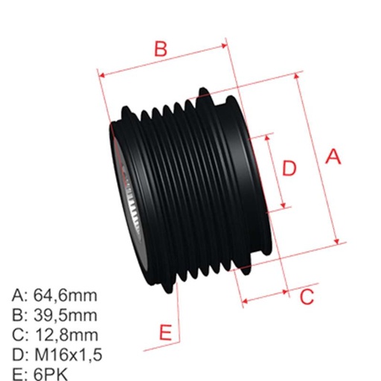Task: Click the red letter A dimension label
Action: click(333, 157)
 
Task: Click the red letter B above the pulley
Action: click(160, 50)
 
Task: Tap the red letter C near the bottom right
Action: click(307, 298)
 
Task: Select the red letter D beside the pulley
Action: click(290, 169)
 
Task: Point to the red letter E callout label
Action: click(167, 330)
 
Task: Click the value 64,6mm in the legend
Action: click(66, 296)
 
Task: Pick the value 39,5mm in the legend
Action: click(66, 316)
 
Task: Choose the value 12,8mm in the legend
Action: click(66, 335)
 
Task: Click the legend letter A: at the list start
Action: click(21, 296)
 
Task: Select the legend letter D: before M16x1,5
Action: click(21, 354)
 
